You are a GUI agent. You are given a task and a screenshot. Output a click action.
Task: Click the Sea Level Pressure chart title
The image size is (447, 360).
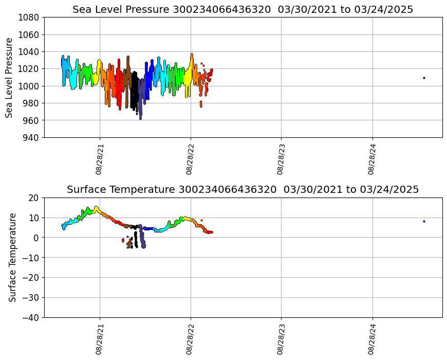point(243,10)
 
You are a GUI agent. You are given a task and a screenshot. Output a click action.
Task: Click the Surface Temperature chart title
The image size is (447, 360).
point(243,190)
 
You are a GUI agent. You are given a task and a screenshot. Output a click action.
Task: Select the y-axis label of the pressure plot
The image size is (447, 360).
point(10,78)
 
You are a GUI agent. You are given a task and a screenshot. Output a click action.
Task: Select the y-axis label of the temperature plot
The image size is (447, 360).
point(13,257)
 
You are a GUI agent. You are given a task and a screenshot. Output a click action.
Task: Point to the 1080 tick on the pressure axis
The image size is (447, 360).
point(30,17)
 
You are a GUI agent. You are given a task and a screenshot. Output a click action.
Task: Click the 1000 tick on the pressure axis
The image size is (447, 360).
point(30,86)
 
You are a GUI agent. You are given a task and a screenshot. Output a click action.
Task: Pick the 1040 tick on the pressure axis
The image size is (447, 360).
point(30,51)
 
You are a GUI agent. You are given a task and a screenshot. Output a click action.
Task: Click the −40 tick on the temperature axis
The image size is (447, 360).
point(30,317)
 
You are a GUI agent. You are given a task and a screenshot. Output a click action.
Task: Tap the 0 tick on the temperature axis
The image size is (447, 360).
point(37,238)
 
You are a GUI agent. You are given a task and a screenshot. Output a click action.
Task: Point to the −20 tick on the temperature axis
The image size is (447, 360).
point(30,278)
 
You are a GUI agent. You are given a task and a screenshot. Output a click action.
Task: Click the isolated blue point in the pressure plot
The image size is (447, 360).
point(424,78)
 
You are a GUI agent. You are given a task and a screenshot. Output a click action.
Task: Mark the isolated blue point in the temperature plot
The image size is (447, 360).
point(424,221)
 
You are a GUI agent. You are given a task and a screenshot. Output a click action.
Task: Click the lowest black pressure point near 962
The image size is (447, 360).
point(140,119)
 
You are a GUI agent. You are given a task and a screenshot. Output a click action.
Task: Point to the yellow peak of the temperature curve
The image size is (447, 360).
point(96,207)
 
